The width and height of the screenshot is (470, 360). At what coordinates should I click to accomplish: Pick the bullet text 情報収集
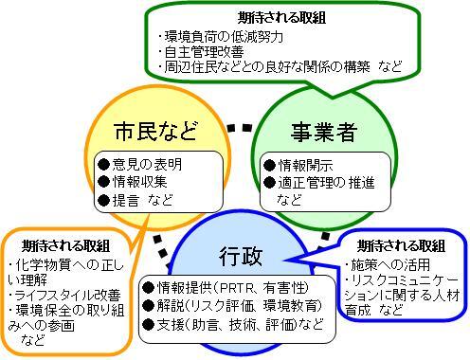(140, 182)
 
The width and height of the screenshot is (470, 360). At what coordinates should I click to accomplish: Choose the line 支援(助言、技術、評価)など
(232, 325)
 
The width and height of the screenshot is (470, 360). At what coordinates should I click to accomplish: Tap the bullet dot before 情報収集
(104, 182)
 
